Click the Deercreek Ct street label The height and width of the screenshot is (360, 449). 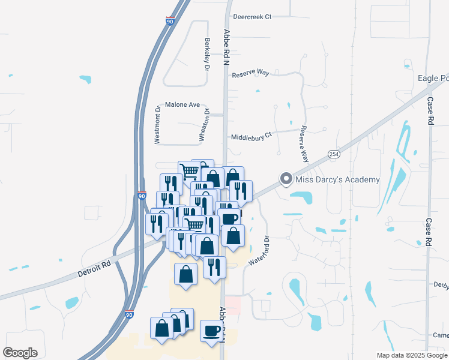252,17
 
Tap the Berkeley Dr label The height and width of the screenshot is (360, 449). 207,55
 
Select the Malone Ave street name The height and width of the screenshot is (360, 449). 182,104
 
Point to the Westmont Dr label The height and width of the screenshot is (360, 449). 158,125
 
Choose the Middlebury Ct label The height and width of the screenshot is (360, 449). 252,137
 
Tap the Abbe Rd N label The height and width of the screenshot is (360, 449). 227,45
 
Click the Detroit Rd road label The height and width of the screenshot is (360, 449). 95,268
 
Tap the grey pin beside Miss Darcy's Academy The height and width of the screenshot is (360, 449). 287,179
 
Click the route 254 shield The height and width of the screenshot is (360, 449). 334,154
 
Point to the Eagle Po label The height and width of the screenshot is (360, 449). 433,79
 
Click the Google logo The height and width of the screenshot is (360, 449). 20,353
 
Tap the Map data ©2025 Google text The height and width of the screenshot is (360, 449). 411,355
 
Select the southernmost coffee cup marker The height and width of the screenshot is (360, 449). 211,331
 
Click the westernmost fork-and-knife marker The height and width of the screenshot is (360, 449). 154,223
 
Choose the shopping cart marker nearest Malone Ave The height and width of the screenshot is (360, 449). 189,171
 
